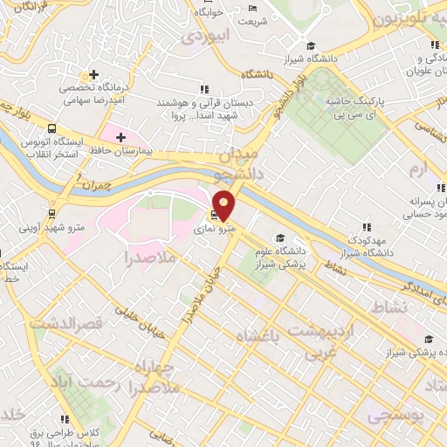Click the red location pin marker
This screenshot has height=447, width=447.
(225, 206)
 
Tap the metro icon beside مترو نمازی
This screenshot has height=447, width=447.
(215, 212)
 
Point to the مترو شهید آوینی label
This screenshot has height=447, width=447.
(38, 227)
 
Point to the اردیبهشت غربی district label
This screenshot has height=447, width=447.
(314, 341)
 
